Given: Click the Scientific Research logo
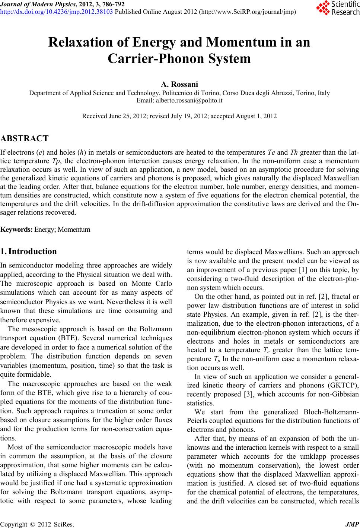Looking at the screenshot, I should (337, 8).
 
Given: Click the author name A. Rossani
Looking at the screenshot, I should (179, 85).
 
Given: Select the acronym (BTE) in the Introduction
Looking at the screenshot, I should (77, 338).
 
